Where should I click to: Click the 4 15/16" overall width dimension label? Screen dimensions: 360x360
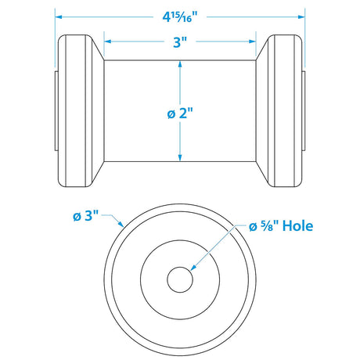pyautogui.click(x=180, y=15)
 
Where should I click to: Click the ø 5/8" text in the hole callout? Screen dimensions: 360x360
pyautogui.click(x=264, y=226)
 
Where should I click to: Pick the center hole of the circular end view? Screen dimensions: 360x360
pyautogui.click(x=180, y=277)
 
